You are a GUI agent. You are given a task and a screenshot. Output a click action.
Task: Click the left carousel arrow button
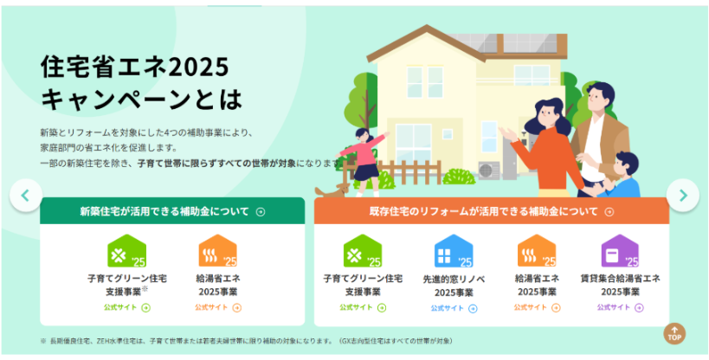[x=26, y=196]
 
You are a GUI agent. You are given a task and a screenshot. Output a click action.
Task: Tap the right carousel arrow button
[x=683, y=196]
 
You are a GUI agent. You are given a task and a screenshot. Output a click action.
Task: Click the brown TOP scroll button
[x=674, y=334]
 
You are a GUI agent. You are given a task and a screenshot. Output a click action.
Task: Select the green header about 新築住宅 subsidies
[x=172, y=211]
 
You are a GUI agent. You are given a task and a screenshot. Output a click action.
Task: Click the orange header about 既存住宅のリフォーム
[x=492, y=211]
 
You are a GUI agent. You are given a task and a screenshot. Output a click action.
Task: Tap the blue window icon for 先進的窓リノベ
[x=454, y=251]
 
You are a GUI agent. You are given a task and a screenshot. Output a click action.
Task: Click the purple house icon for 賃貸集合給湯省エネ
[x=620, y=251]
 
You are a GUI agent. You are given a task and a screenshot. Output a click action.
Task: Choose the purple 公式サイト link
[x=620, y=307]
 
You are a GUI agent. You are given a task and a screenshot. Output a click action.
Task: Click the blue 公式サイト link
[x=454, y=308]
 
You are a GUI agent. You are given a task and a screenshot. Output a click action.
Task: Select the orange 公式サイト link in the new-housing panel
[x=218, y=307]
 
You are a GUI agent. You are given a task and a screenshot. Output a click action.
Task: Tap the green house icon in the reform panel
[x=363, y=251]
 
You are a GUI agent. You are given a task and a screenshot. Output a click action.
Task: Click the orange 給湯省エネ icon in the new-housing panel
[x=218, y=251]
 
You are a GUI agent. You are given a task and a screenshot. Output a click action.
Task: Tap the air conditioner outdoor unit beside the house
[x=489, y=170]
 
